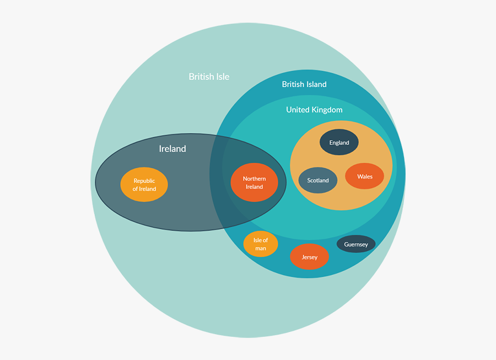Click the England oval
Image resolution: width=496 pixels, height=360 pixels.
pyautogui.click(x=339, y=142)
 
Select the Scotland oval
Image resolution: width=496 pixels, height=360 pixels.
pyautogui.click(x=318, y=180)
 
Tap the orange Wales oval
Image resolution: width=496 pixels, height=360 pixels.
pyautogui.click(x=364, y=176)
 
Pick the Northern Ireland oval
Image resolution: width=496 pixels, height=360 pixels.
pyautogui.click(x=254, y=182)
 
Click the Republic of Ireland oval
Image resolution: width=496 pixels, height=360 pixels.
pyautogui.click(x=144, y=185)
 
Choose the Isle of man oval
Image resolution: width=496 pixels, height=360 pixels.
pyautogui.click(x=261, y=244)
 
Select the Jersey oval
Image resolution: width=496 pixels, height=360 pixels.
pyautogui.click(x=309, y=257)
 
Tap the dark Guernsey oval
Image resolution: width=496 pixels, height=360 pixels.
pyautogui.click(x=356, y=244)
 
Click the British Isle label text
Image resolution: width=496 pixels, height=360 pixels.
pyautogui.click(x=209, y=77)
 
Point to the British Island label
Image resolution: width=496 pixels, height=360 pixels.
pyautogui.click(x=304, y=84)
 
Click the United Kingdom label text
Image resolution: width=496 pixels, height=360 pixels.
pyautogui.click(x=314, y=110)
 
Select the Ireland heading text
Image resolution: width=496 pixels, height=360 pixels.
pyautogui.click(x=172, y=148)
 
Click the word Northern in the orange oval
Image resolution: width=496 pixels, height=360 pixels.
pyautogui.click(x=254, y=179)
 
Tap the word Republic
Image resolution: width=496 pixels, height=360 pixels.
pyautogui.click(x=144, y=181)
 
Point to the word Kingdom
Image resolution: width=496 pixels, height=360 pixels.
pyautogui.click(x=327, y=110)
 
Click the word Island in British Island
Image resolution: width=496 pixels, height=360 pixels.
pyautogui.click(x=316, y=84)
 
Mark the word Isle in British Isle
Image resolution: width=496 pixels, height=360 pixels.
pyautogui.click(x=222, y=77)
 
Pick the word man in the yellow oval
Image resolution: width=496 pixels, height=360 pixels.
pyautogui.click(x=261, y=248)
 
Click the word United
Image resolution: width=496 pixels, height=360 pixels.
pyautogui.click(x=298, y=110)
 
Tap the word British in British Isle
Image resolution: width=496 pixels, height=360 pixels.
pyautogui.click(x=201, y=77)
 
